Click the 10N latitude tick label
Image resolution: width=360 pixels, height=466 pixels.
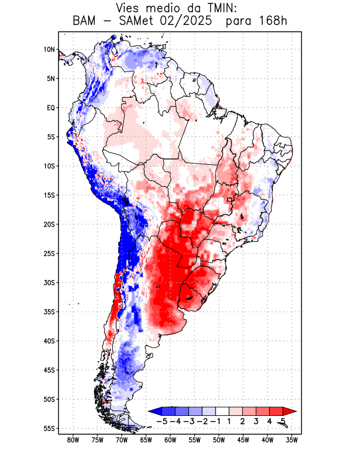pyautogui.click(x=49, y=50)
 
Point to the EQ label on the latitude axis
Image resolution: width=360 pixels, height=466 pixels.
pyautogui.click(x=50, y=108)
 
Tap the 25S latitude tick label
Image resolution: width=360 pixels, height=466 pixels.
pyautogui.click(x=49, y=253)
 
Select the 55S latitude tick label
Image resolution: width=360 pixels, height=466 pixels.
pyautogui.click(x=49, y=428)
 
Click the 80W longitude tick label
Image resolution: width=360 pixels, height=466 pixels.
pyautogui.click(x=73, y=440)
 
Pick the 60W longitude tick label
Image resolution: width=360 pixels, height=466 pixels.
pyautogui.click(x=170, y=440)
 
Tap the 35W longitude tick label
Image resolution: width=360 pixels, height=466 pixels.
pyautogui.click(x=292, y=440)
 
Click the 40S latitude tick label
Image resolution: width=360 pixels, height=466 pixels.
pyautogui.click(x=49, y=341)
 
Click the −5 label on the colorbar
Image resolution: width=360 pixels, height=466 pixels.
pyautogui.click(x=163, y=421)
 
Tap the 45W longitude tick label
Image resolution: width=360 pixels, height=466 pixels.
pyautogui.click(x=243, y=440)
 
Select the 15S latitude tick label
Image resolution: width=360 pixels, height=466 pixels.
pyautogui.click(x=49, y=195)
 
